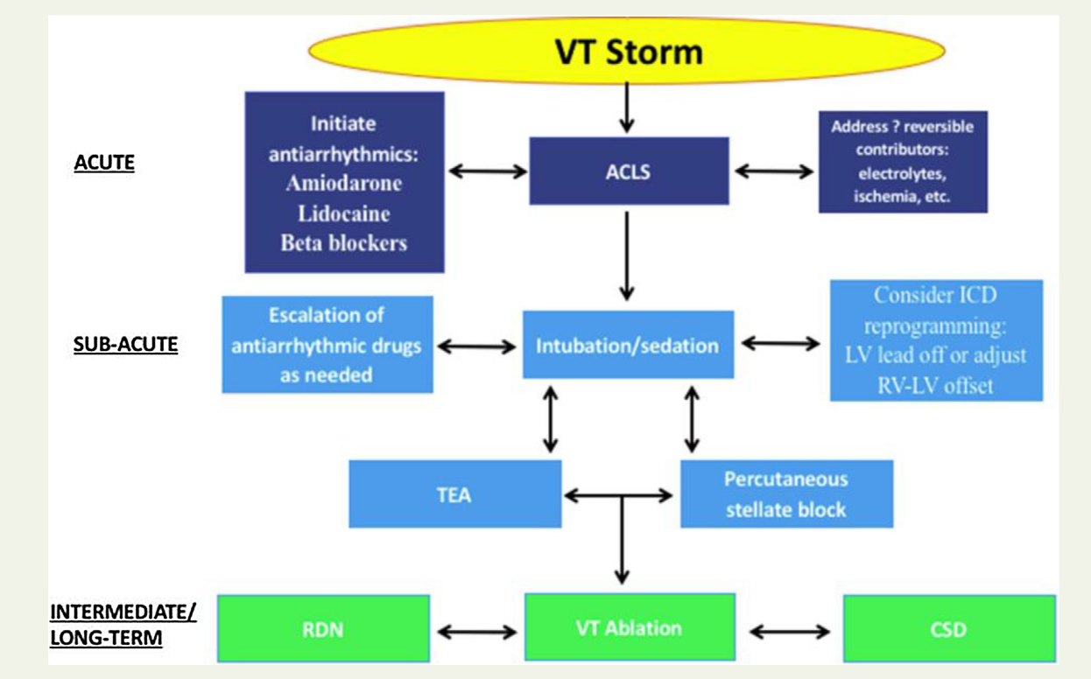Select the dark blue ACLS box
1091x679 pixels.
pyautogui.click(x=629, y=171)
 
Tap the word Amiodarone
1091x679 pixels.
pyautogui.click(x=344, y=184)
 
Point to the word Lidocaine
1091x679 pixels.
pyautogui.click(x=344, y=213)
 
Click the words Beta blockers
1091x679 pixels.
pyautogui.click(x=344, y=242)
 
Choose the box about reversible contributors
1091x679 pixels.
pyautogui.click(x=903, y=162)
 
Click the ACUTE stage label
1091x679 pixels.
pyautogui.click(x=104, y=164)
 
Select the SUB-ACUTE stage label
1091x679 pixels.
pyautogui.click(x=125, y=344)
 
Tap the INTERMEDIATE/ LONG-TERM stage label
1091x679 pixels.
pyautogui.click(x=123, y=625)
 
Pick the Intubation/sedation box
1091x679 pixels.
pyautogui.click(x=628, y=345)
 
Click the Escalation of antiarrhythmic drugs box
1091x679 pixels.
pyautogui.click(x=327, y=345)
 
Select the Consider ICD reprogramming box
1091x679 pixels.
pyautogui.click(x=936, y=340)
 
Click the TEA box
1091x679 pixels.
pyautogui.click(x=454, y=494)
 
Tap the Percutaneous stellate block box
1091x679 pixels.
pyautogui.click(x=786, y=494)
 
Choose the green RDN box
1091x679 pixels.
pyautogui.click(x=323, y=628)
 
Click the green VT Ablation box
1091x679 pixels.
pyautogui.click(x=629, y=628)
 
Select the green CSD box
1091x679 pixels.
pyautogui.click(x=949, y=628)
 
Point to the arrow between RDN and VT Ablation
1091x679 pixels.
pyautogui.click(x=476, y=630)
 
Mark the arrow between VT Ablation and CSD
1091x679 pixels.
pyautogui.click(x=789, y=630)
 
